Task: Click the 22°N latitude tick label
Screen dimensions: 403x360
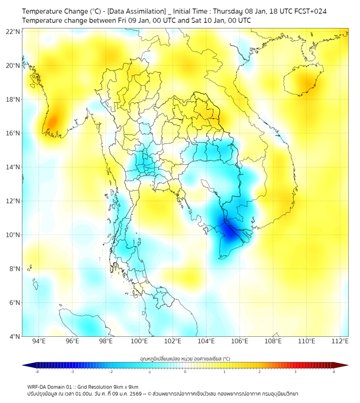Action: [13, 31]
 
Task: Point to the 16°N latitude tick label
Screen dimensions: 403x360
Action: [13, 133]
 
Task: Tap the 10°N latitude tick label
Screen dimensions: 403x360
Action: [13, 235]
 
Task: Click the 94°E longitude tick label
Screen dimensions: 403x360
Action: [39, 342]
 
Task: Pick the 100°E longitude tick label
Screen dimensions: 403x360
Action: [139, 342]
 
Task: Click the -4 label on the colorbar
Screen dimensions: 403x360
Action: [37, 372]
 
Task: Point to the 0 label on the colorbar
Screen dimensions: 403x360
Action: [185, 372]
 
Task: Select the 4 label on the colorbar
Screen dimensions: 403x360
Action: [334, 372]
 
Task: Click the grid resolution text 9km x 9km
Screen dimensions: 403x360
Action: [126, 386]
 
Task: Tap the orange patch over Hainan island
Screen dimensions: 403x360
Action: [307, 83]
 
